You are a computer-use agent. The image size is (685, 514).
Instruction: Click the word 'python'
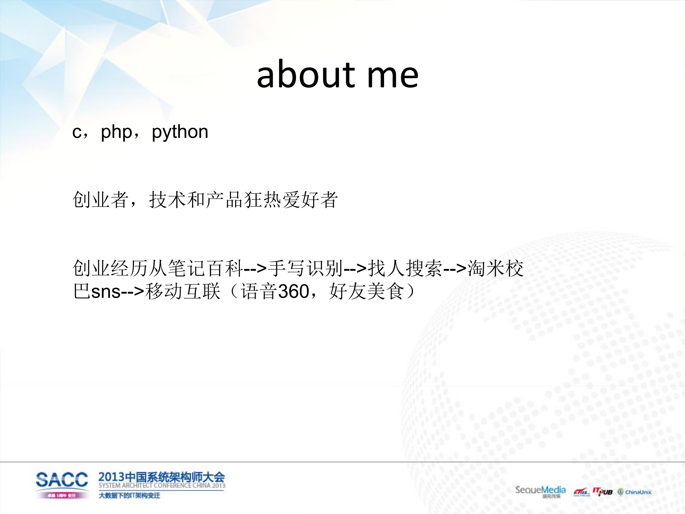pos(180,132)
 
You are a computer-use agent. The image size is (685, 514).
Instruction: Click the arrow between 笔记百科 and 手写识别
pos(255,268)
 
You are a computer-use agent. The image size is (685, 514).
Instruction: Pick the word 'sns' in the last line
pos(106,291)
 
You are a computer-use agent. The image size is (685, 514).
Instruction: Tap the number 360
pos(293,291)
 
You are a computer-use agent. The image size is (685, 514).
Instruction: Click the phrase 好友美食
pos(367,291)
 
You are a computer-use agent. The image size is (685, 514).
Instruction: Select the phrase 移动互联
pos(183,291)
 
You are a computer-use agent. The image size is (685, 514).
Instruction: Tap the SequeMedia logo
pos(540,490)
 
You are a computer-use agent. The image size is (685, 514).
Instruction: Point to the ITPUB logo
pos(603,491)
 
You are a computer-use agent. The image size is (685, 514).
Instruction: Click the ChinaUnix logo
pos(635,492)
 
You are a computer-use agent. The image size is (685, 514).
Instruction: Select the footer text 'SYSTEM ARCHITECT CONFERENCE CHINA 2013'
pos(162,486)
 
